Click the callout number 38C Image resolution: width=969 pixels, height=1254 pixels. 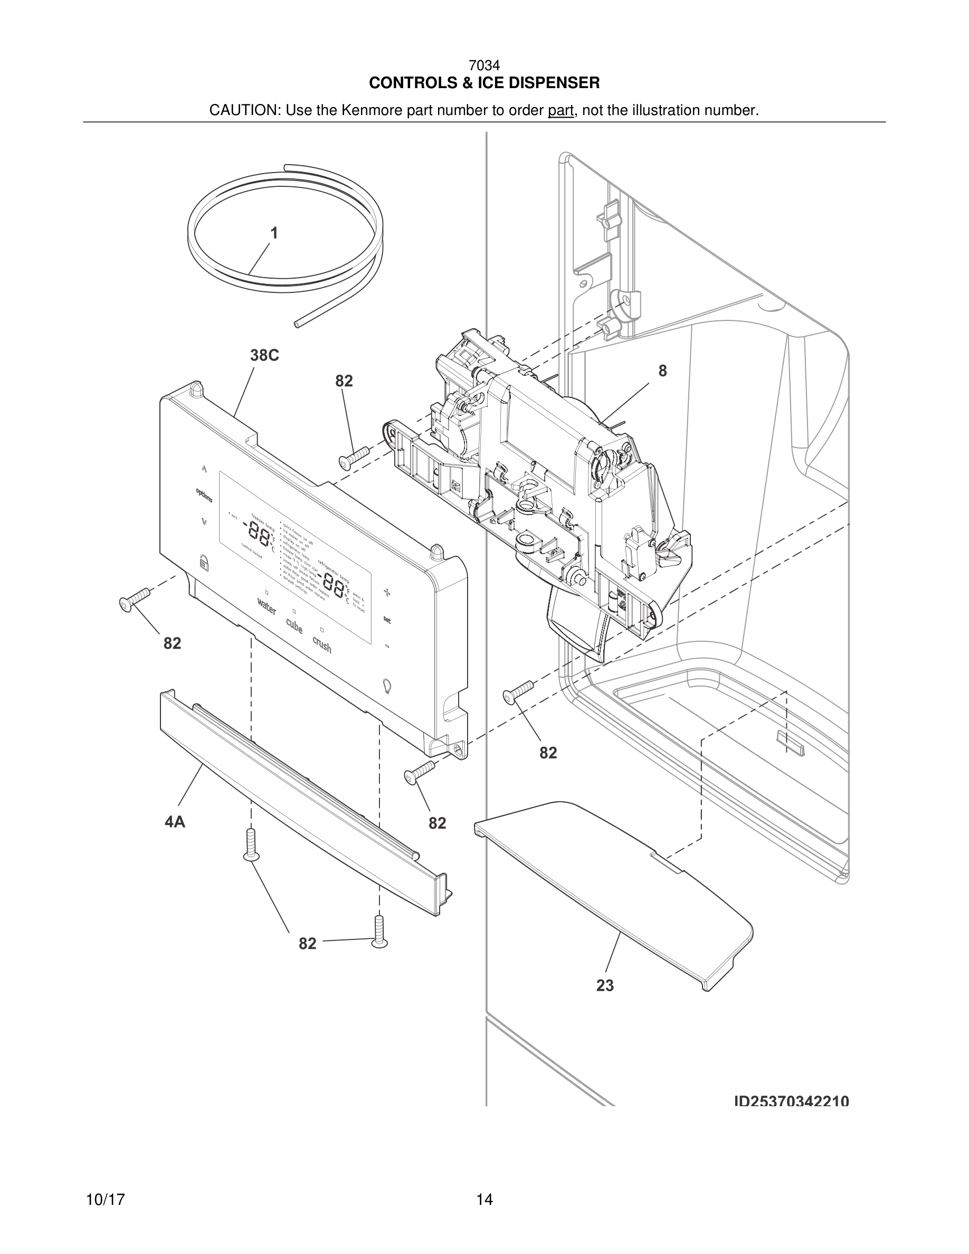tap(264, 355)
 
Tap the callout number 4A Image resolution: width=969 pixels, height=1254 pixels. tap(175, 822)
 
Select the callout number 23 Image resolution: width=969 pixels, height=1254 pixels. tap(605, 985)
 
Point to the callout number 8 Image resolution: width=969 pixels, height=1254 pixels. tap(662, 372)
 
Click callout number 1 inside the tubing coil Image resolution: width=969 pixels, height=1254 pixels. tap(274, 233)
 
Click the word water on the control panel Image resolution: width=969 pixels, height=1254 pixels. tap(267, 606)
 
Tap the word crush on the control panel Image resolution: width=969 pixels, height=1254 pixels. tap(321, 644)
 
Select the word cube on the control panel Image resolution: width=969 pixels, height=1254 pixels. tap(293, 625)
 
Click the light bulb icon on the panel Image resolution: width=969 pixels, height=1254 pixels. tap(387, 685)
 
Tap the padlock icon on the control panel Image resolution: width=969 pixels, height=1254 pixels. tap(203, 561)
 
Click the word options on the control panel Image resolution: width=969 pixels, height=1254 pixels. tap(204, 495)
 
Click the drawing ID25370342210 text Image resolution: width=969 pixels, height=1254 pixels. tap(792, 1101)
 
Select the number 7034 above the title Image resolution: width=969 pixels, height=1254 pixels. tap(484, 66)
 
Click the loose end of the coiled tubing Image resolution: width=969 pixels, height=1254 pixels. tap(297, 325)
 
